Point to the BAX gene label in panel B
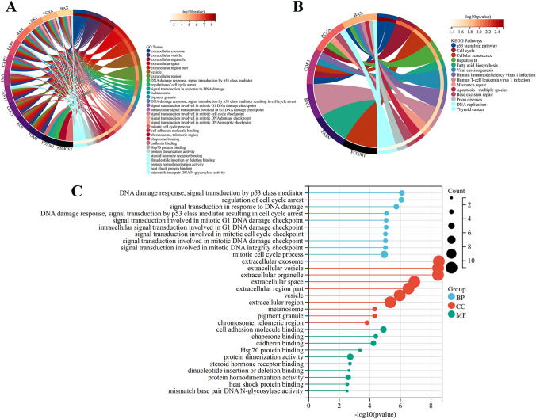[x=358, y=13]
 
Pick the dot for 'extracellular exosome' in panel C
[x=438, y=260]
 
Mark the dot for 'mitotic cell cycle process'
[x=385, y=254]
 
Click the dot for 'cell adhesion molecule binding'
[x=383, y=329]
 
